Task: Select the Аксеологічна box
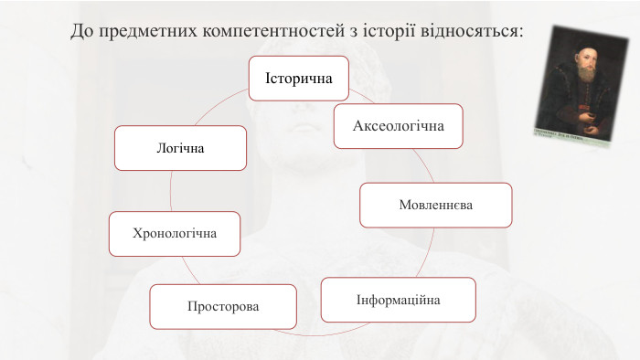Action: (398, 126)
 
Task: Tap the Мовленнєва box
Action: (435, 205)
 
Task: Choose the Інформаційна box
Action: (398, 300)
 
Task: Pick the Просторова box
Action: (223, 306)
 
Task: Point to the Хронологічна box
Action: (175, 233)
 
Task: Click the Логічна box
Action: (180, 148)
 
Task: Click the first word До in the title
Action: (81, 31)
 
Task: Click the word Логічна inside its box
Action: (180, 148)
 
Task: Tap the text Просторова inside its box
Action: (223, 306)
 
